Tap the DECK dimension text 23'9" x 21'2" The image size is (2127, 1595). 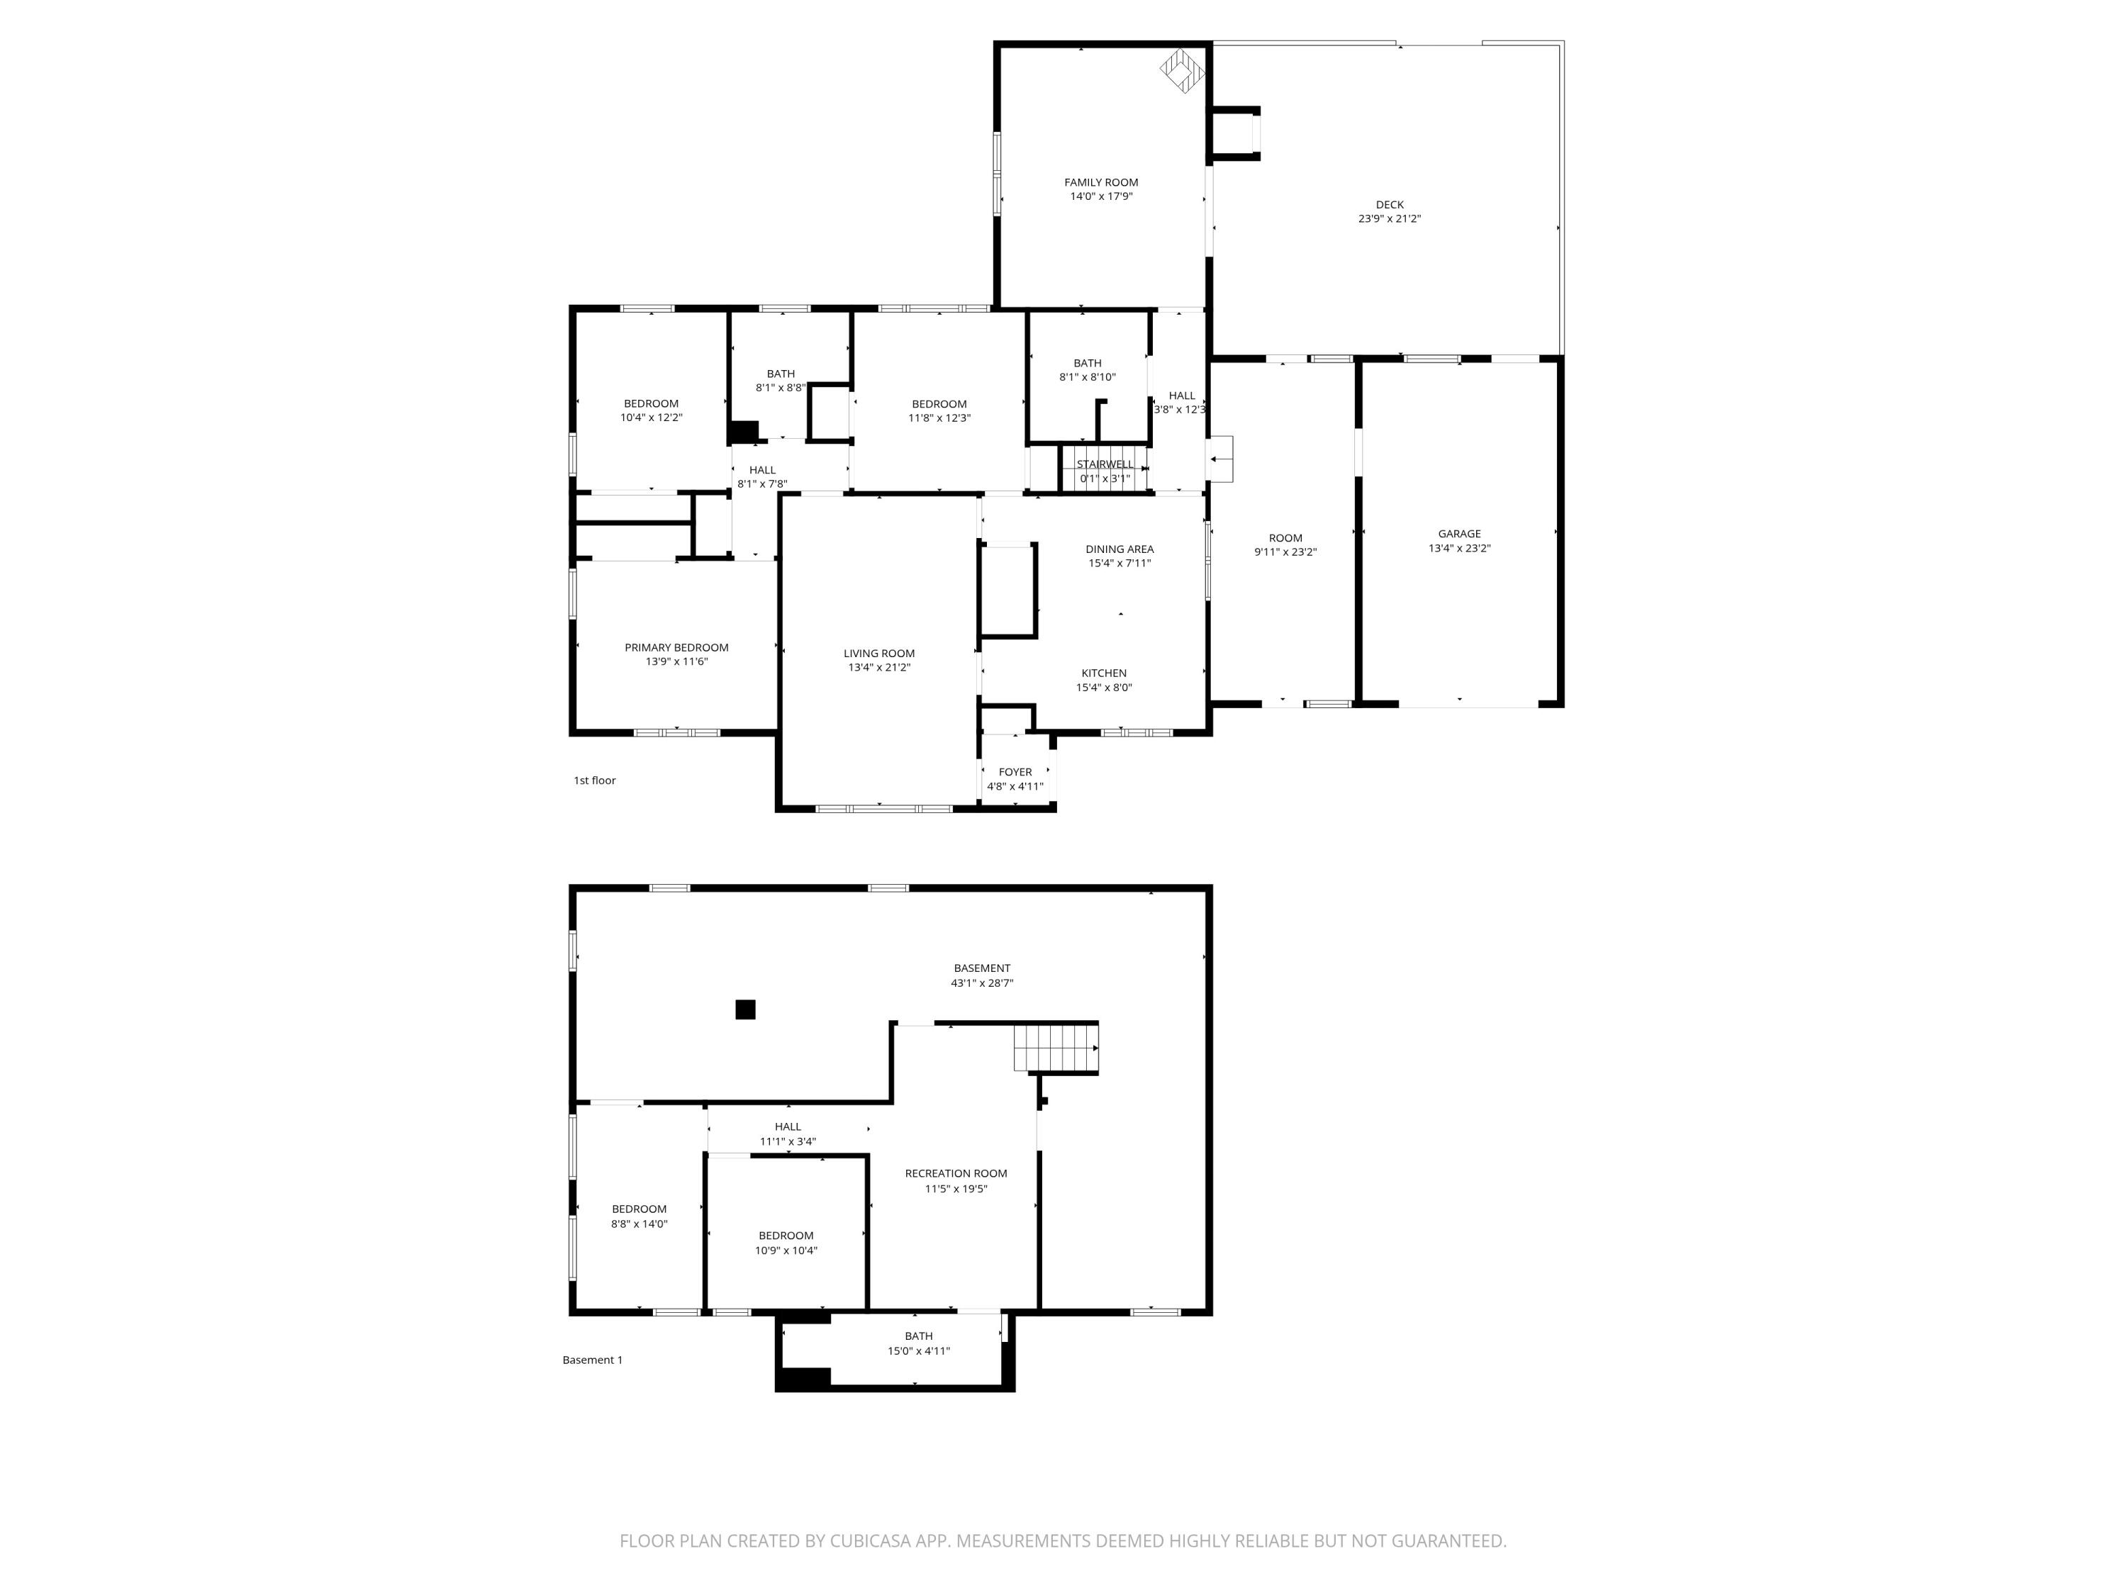point(1390,219)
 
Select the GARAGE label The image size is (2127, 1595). point(1460,535)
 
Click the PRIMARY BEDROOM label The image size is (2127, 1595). point(677,648)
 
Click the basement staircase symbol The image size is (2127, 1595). point(1056,1048)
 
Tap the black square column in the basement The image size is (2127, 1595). point(745,1009)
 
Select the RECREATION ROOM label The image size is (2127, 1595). point(956,1174)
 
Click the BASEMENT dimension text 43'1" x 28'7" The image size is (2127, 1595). point(982,983)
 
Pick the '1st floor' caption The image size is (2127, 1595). point(594,780)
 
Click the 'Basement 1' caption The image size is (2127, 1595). point(592,1360)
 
